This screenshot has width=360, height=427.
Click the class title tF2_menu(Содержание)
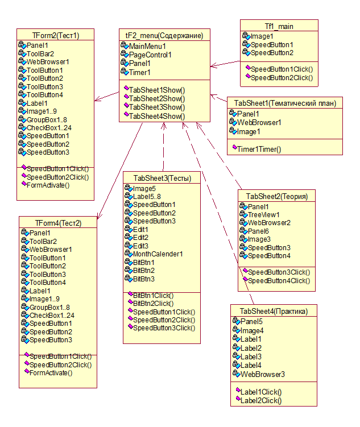click(164, 35)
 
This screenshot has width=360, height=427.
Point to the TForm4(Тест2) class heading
click(58, 222)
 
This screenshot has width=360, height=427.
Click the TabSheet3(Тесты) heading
click(163, 178)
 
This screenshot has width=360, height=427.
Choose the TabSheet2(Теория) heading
click(277, 196)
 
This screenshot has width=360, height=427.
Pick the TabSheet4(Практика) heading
click(274, 311)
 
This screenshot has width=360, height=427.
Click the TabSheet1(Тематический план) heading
click(285, 103)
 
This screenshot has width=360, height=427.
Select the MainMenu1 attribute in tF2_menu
click(147, 46)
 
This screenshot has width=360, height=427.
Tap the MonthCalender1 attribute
click(158, 254)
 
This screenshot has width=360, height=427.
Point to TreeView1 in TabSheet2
click(263, 215)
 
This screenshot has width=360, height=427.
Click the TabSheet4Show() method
click(157, 116)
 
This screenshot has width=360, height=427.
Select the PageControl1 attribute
click(150, 55)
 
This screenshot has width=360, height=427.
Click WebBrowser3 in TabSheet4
click(262, 374)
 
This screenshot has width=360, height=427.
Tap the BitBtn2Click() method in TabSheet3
click(153, 304)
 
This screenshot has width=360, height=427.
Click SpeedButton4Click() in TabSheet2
click(279, 280)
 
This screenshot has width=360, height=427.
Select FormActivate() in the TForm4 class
click(51, 373)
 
